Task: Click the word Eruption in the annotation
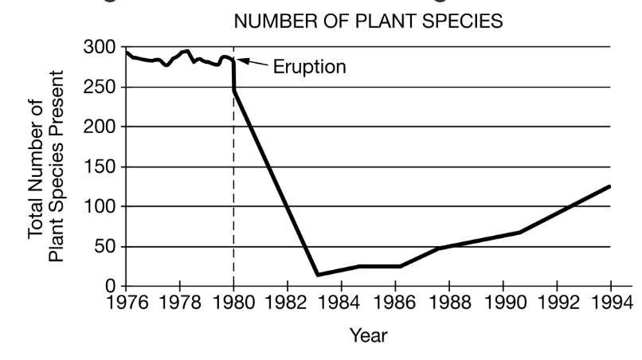tap(309, 66)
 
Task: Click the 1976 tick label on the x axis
tap(126, 303)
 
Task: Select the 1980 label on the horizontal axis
tap(233, 303)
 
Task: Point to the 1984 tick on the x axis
tap(341, 303)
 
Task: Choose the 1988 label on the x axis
tap(448, 303)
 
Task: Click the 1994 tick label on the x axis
tap(609, 303)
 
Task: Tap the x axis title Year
tap(368, 336)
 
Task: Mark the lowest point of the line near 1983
tap(317, 275)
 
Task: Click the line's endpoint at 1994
tap(610, 186)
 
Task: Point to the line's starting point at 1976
tap(127, 52)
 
